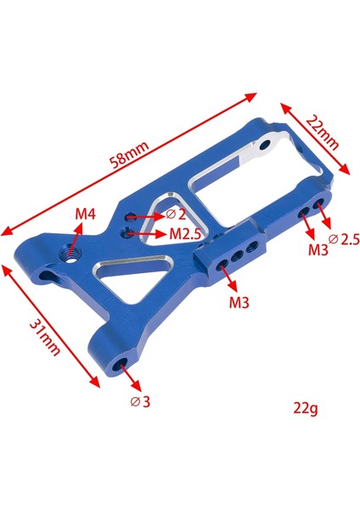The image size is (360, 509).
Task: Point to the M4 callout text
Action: (83, 215)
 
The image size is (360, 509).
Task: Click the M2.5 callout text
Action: (185, 233)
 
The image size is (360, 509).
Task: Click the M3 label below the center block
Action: (240, 302)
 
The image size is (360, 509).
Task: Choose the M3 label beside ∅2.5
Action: (318, 249)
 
